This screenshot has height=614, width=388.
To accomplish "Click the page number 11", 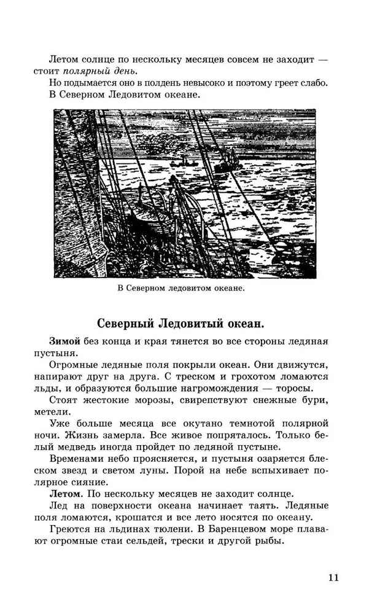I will point(333,577).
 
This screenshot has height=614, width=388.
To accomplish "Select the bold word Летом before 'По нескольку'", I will point(64,493).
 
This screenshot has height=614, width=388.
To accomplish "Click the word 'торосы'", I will point(293,388).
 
